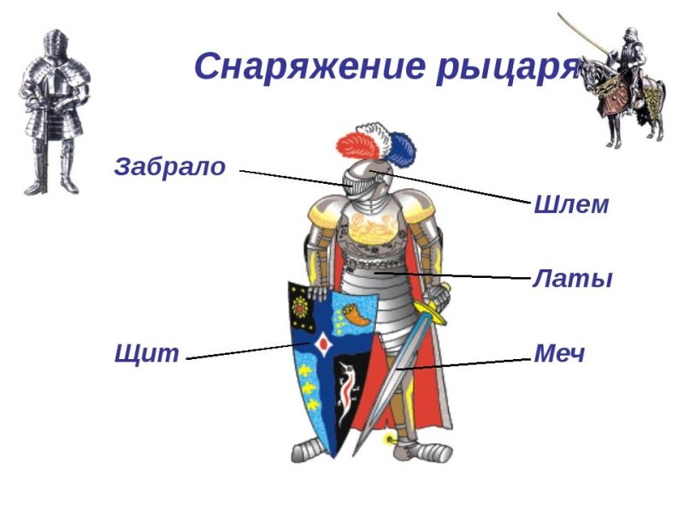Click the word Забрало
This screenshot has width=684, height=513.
tap(169, 167)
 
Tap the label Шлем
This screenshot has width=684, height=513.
tap(570, 205)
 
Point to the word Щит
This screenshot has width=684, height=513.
tap(146, 353)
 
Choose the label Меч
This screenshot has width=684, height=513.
tap(559, 353)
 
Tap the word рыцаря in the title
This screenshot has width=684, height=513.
tap(504, 66)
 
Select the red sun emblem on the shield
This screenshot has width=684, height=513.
tap(301, 306)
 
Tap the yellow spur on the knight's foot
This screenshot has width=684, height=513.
tap(392, 440)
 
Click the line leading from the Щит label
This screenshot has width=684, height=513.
tap(248, 351)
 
